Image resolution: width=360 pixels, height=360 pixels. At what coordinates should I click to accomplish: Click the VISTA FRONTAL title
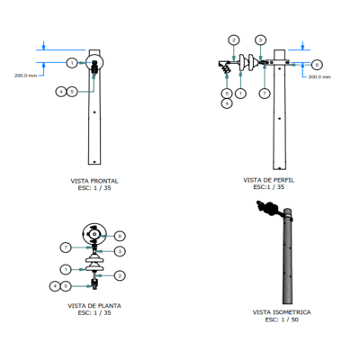tap(94, 181)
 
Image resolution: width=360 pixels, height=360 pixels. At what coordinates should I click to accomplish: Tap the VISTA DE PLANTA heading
tap(94, 306)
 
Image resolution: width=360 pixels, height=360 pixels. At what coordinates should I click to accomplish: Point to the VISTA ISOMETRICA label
tap(282, 312)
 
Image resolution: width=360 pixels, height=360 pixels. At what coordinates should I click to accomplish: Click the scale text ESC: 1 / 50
tap(282, 319)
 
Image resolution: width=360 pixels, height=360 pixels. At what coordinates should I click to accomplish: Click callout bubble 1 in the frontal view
tap(72, 63)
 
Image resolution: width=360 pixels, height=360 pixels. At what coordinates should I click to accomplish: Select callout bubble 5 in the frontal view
tap(72, 92)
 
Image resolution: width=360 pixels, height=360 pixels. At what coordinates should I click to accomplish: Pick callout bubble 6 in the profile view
tap(317, 65)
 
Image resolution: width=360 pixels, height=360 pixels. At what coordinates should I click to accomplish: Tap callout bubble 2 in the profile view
tap(234, 40)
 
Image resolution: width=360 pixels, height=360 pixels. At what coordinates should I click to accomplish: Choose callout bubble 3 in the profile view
tap(261, 40)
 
